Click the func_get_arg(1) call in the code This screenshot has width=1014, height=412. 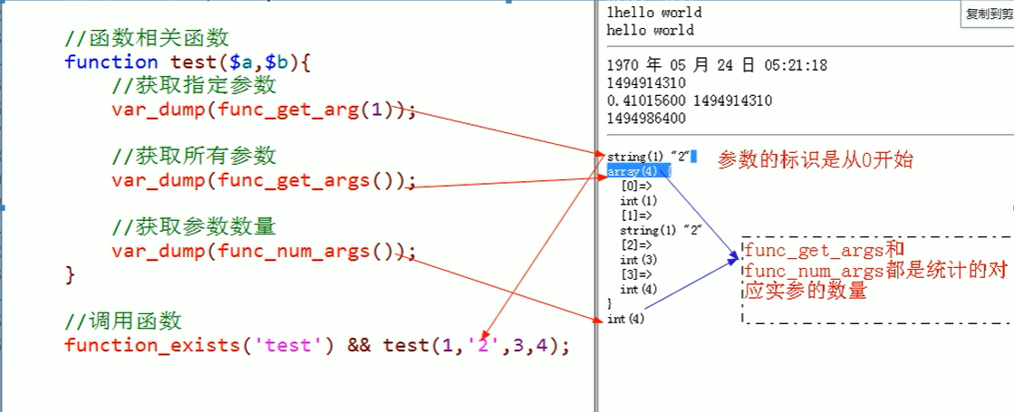(x=305, y=110)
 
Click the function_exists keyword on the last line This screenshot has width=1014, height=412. (x=152, y=346)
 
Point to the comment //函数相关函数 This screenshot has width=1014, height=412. (x=147, y=40)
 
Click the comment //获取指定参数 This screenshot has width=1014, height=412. (x=194, y=86)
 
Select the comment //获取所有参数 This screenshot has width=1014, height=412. (x=194, y=156)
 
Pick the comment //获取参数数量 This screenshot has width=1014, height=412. (x=194, y=226)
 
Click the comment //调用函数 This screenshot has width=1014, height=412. (x=123, y=321)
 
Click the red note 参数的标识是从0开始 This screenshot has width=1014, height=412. (x=815, y=160)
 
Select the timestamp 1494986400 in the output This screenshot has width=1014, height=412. (x=647, y=119)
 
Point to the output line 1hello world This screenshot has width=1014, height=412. (x=654, y=13)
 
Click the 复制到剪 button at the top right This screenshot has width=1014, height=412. (x=988, y=14)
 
